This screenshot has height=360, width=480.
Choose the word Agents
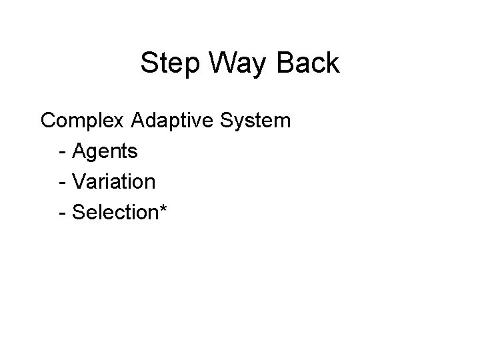pyautogui.click(x=105, y=152)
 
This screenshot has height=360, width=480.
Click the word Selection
pyautogui.click(x=113, y=213)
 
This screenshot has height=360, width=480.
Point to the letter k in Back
pyautogui.click(x=333, y=65)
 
